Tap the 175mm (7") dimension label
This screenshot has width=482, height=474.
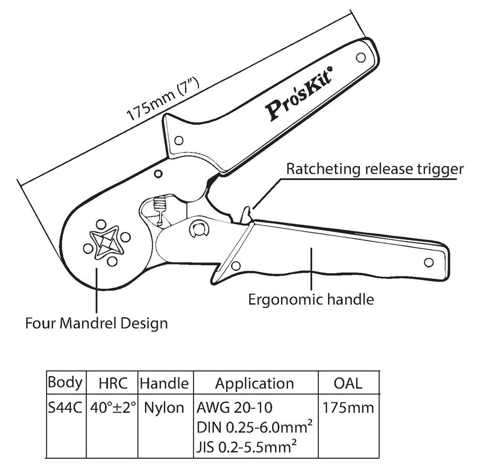(x=163, y=100)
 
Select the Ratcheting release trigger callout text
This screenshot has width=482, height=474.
(x=375, y=169)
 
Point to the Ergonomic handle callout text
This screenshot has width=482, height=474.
(x=311, y=300)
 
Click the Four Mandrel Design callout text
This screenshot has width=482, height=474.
(x=96, y=323)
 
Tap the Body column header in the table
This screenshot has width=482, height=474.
(x=65, y=382)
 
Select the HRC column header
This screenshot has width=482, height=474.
(x=113, y=383)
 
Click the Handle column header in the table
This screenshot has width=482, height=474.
(x=164, y=383)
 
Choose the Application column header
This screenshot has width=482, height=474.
(x=255, y=384)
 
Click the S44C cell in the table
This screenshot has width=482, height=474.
(x=65, y=408)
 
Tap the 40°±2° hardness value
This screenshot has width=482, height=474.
(x=113, y=408)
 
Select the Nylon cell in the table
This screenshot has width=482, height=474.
(x=164, y=408)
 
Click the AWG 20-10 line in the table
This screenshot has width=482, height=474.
(x=234, y=408)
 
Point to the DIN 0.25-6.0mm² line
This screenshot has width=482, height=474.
(x=255, y=427)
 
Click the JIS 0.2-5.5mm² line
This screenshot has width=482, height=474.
(x=247, y=447)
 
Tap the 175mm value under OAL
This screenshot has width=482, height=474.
(x=348, y=408)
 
